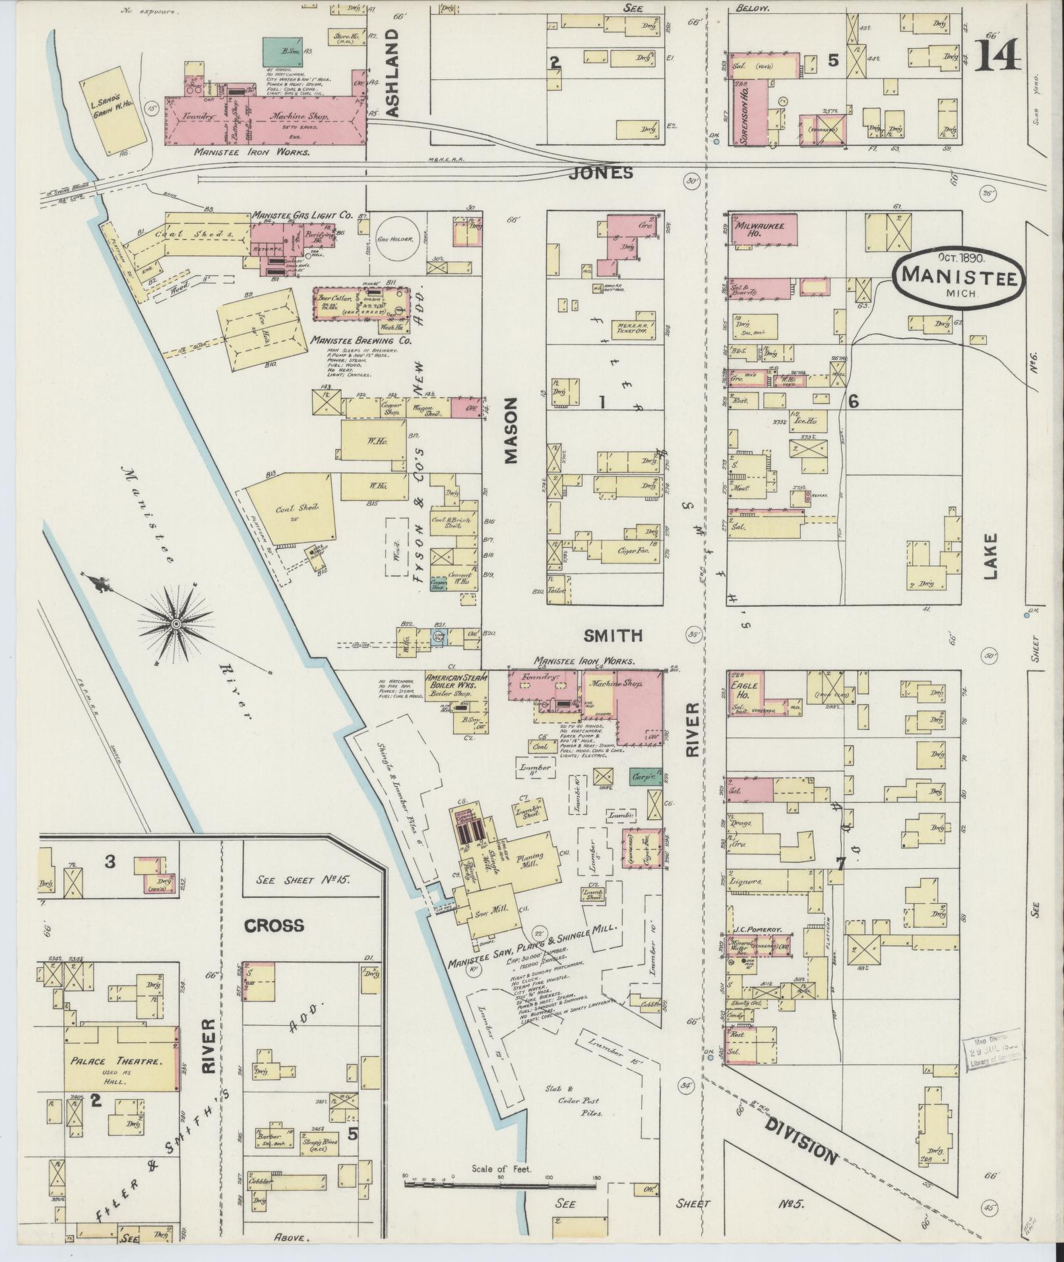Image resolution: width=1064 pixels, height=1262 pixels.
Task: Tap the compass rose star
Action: [x=176, y=623]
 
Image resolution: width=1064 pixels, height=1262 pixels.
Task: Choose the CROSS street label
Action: [x=274, y=926]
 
